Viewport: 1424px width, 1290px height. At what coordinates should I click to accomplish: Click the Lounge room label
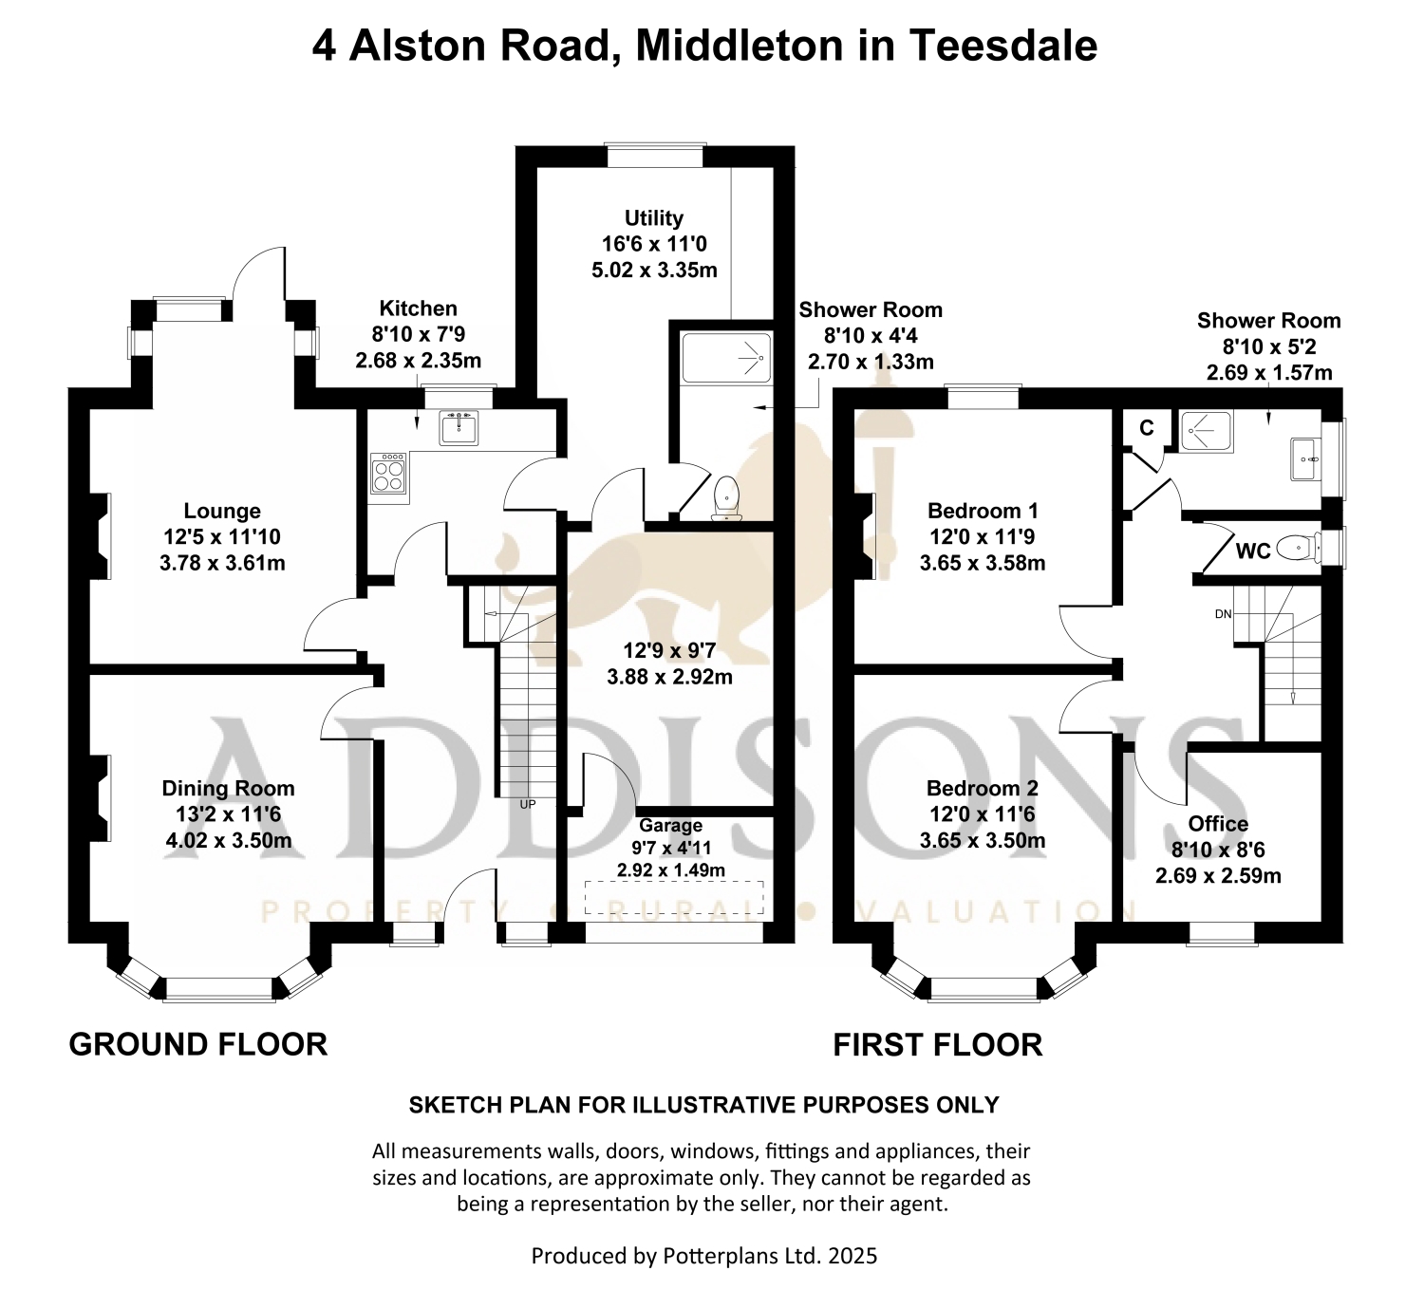[222, 511]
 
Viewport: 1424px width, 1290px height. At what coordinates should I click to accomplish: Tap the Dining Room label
[228, 788]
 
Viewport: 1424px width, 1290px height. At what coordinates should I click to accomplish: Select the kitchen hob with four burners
[387, 472]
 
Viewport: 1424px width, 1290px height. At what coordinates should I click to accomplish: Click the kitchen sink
[458, 427]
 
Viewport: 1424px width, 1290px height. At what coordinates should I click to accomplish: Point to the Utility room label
[654, 218]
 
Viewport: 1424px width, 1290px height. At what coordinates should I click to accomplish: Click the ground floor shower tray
[726, 359]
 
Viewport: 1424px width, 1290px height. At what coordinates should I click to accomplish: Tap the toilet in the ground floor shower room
[726, 496]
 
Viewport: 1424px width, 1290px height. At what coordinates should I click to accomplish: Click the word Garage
[671, 825]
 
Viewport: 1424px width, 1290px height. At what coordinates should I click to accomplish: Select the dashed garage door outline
[674, 897]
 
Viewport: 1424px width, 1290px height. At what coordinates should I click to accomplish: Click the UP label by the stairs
[528, 804]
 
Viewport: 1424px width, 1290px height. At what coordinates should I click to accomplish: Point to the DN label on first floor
[1223, 614]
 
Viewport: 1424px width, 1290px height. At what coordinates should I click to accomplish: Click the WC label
[1253, 551]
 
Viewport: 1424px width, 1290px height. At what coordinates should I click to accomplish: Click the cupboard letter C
[1147, 428]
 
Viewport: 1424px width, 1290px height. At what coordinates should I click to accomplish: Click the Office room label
[1218, 824]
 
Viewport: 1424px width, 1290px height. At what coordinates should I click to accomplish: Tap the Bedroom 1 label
[983, 511]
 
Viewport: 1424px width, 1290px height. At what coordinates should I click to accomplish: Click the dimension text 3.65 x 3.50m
[983, 841]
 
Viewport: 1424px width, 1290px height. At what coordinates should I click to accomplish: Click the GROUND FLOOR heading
[198, 1044]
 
